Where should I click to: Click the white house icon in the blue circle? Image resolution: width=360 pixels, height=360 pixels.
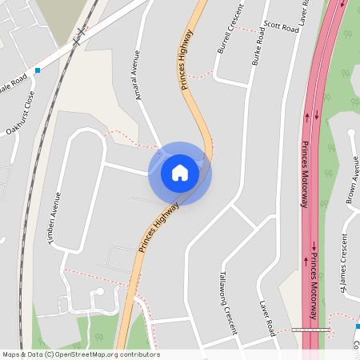coord(180,172)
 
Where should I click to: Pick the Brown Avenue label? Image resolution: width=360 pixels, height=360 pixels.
coord(351,180)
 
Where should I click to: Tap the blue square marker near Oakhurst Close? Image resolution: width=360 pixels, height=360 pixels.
coord(37,70)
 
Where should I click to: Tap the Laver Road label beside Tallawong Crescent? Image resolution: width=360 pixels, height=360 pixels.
coord(267,317)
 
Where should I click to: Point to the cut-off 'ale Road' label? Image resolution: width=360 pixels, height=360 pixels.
coord(14,83)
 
